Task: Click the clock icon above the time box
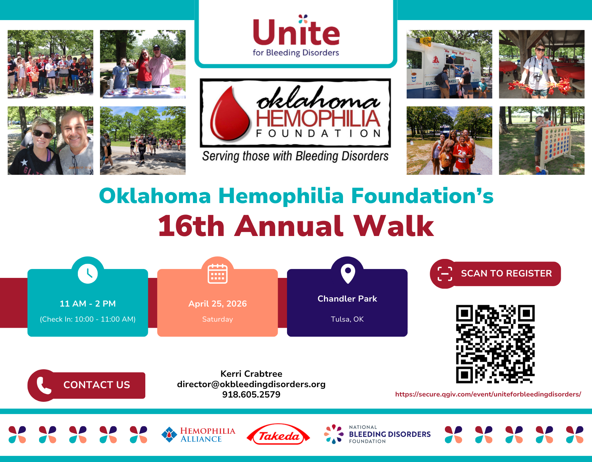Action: [x=88, y=274]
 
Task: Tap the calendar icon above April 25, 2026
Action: [x=217, y=274]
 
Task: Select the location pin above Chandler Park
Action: [x=347, y=273]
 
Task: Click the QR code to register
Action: [x=495, y=344]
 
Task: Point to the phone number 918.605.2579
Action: [x=251, y=395]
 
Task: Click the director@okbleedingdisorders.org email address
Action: [x=251, y=384]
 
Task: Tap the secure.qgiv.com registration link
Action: [x=488, y=394]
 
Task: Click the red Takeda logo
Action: [x=278, y=435]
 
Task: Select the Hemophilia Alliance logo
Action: [x=198, y=435]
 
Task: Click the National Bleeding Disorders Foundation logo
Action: [x=377, y=434]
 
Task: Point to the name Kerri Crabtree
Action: [x=251, y=374]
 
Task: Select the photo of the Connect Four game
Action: [x=542, y=140]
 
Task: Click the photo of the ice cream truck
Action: [x=449, y=64]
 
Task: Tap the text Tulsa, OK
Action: [x=347, y=319]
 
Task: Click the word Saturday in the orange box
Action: [x=217, y=319]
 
